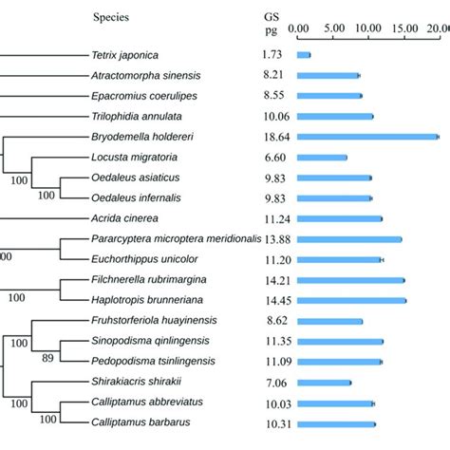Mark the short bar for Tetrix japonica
tap(304, 55)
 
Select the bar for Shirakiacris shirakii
tap(324, 383)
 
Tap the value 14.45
tap(277, 300)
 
